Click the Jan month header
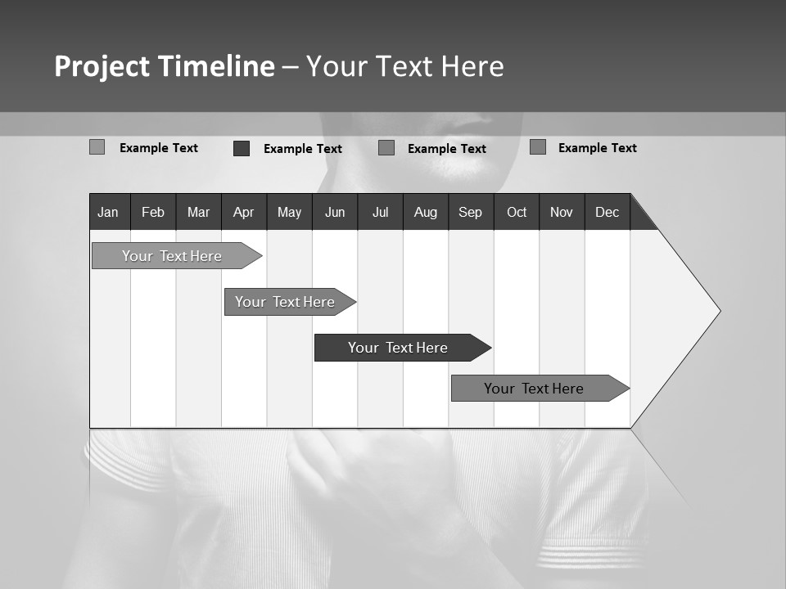click(x=108, y=212)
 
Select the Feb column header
click(x=153, y=212)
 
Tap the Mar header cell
click(x=198, y=212)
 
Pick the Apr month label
click(x=244, y=212)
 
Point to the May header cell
click(x=289, y=212)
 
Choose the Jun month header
click(x=335, y=212)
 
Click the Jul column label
click(x=380, y=212)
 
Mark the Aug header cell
click(x=426, y=212)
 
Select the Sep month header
click(x=471, y=212)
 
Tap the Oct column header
click(x=517, y=212)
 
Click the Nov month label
click(x=562, y=212)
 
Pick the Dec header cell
click(x=608, y=212)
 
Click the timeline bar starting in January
click(x=172, y=256)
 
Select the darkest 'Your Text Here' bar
click(x=398, y=348)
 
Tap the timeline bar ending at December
click(x=534, y=389)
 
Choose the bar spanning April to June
click(x=285, y=302)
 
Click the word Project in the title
click(x=102, y=66)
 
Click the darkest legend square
click(x=242, y=148)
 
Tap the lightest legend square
click(x=97, y=147)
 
